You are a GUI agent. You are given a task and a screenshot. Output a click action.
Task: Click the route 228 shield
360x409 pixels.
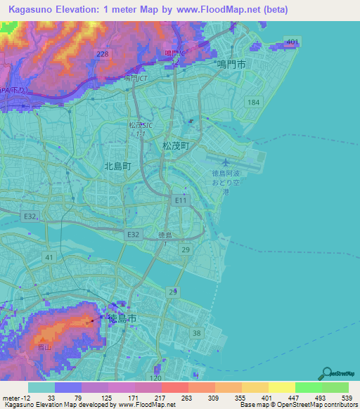click(103, 55)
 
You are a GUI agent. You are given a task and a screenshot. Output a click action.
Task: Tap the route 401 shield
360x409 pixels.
click(292, 43)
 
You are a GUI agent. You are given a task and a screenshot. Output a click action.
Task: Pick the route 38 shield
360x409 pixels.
click(197, 333)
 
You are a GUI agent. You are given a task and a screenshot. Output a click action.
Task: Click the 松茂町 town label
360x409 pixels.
click(176, 146)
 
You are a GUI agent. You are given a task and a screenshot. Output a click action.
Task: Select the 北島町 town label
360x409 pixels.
click(117, 167)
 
